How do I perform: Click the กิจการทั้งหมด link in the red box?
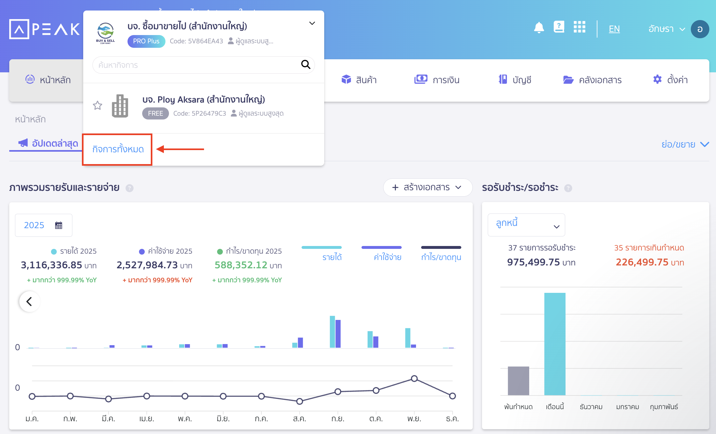tap(118, 149)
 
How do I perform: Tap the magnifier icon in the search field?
tap(305, 65)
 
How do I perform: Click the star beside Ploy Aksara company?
tap(98, 105)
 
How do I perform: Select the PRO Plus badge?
tap(146, 41)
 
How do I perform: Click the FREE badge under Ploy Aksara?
tap(155, 113)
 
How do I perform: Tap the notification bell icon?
tap(539, 28)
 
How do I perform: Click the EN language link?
tap(614, 29)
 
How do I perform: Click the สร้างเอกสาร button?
tap(427, 187)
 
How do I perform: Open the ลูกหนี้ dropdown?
tap(526, 225)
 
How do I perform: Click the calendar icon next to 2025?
tap(59, 225)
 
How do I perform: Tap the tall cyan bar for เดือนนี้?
tap(555, 344)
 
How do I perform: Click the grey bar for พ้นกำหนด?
tap(518, 381)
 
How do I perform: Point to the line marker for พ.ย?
tap(414, 379)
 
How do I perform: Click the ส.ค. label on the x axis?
tap(299, 419)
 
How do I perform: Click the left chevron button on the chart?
tap(29, 301)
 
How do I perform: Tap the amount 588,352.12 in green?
tap(241, 265)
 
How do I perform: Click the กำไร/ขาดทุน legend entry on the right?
tap(441, 257)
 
